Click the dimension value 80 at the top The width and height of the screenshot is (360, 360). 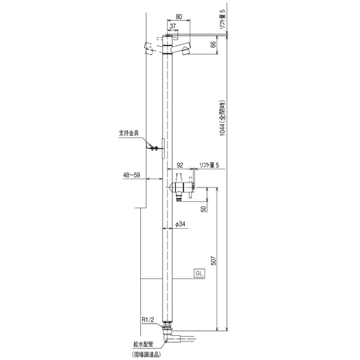(x=179, y=16)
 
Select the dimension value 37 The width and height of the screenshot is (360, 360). (x=172, y=26)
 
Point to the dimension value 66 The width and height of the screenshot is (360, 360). (x=213, y=45)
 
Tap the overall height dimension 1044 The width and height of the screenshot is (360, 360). (x=223, y=130)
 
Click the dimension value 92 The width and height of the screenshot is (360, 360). (x=180, y=165)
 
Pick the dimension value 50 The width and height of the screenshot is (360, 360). (x=203, y=209)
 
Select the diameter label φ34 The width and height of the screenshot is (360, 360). (x=180, y=224)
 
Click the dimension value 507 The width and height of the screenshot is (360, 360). (x=214, y=260)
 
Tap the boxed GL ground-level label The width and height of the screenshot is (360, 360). (x=199, y=273)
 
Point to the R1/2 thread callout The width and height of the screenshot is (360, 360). (x=148, y=319)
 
